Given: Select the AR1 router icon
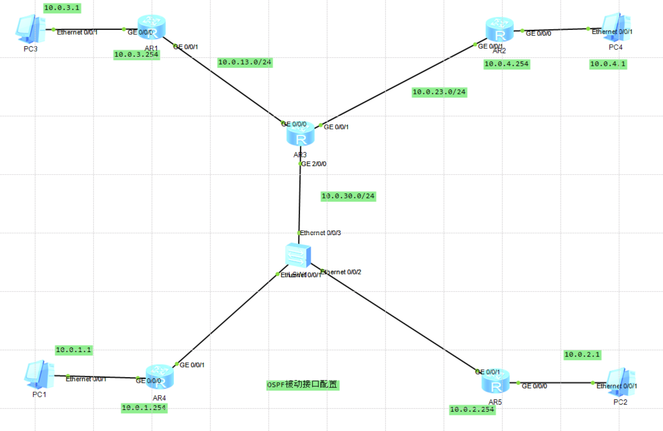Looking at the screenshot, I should pyautogui.click(x=152, y=27).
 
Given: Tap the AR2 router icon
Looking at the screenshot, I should pyautogui.click(x=499, y=30).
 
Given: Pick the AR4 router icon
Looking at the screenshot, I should pyautogui.click(x=160, y=376).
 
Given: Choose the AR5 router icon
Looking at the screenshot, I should pyautogui.click(x=495, y=382).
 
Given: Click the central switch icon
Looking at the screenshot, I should pyautogui.click(x=298, y=255).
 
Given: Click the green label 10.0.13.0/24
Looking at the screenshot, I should pyautogui.click(x=244, y=62).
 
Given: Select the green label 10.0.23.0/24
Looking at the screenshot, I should pyautogui.click(x=439, y=92).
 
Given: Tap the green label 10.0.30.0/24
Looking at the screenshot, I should pyautogui.click(x=348, y=196).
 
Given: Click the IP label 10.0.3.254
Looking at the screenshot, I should pyautogui.click(x=136, y=55).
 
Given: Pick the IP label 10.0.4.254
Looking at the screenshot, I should pyautogui.click(x=506, y=64).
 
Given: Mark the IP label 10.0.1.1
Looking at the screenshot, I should pyautogui.click(x=74, y=350).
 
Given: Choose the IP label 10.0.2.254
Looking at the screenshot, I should pyautogui.click(x=472, y=410).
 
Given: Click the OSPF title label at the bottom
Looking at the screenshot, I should pyautogui.click(x=302, y=385).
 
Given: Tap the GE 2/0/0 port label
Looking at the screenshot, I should pyautogui.click(x=314, y=164).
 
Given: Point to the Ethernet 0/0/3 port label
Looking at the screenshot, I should pyautogui.click(x=320, y=233).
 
